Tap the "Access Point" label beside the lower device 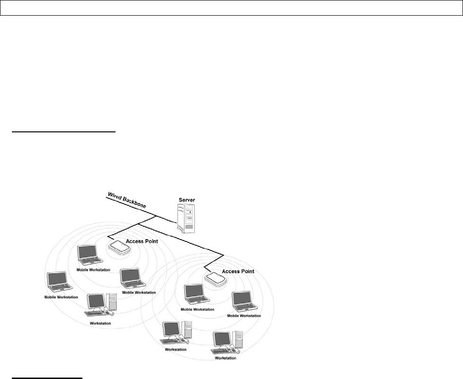point(238,271)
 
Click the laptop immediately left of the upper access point point(90,255)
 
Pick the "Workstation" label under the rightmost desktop point(225,358)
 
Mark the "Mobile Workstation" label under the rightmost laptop point(244,315)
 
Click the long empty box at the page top point(231,8)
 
